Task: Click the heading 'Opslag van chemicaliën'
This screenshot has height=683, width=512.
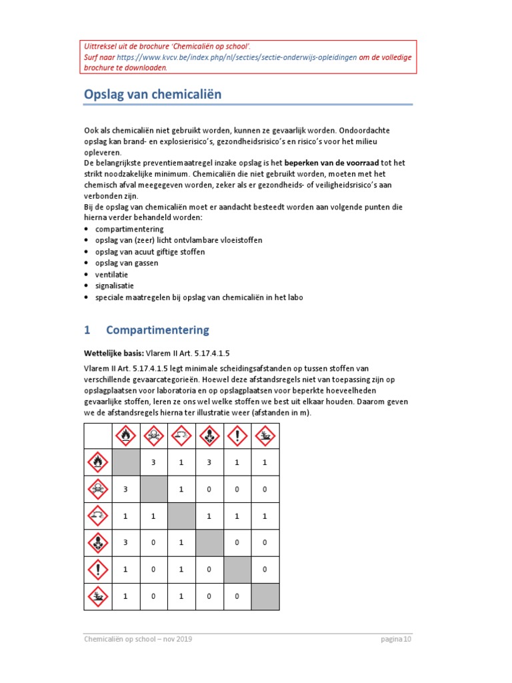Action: pos(152,95)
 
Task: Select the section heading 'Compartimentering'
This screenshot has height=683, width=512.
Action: pos(157,330)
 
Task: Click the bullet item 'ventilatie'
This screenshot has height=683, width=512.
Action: pos(111,274)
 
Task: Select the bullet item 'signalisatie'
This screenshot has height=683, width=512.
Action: pos(114,285)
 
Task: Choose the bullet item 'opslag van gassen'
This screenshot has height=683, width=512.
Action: pos(127,263)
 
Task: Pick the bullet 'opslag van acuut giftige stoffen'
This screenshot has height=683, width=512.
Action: pos(149,251)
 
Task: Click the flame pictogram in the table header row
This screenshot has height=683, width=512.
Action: pos(126,436)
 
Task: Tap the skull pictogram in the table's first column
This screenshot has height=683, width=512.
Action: pos(97,490)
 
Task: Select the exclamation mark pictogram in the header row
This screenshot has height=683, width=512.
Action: pos(237,436)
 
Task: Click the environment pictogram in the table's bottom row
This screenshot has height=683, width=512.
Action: pos(97,596)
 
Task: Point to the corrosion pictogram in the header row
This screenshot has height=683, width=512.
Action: pos(181,436)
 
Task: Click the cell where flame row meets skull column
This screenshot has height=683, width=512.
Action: pos(153,462)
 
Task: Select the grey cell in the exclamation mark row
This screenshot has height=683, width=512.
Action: pos(237,569)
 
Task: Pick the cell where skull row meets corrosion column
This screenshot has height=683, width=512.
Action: pos(181,490)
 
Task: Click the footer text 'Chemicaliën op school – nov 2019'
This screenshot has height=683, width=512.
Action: pos(138,640)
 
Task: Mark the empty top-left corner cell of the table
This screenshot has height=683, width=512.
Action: pos(97,436)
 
